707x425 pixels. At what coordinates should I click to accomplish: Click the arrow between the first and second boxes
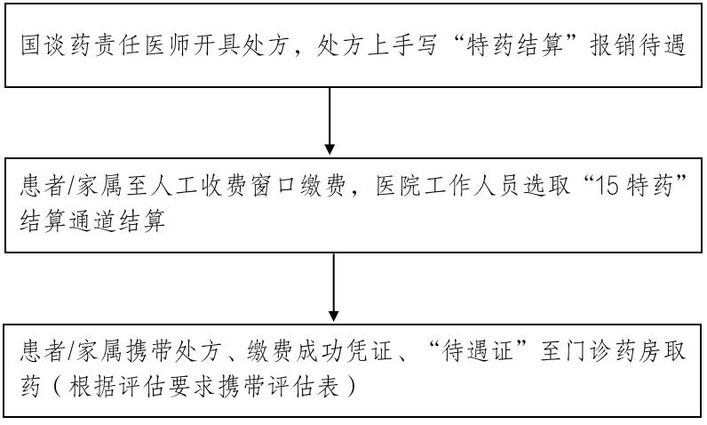(330, 120)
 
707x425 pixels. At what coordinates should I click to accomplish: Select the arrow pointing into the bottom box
(334, 289)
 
